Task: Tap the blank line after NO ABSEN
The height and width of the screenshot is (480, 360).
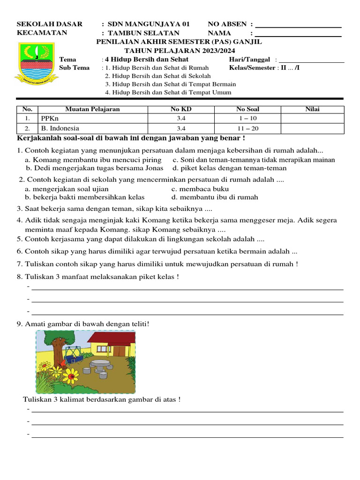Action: [x=298, y=26]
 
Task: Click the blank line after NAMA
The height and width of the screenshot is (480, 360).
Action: [x=298, y=35]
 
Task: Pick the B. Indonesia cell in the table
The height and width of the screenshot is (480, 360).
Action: [x=60, y=128]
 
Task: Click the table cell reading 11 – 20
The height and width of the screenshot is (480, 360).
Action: [x=247, y=128]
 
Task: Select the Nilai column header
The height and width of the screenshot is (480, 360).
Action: [x=312, y=109]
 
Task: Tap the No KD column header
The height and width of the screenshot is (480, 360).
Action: [x=181, y=109]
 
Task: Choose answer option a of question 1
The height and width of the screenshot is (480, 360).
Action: [x=93, y=160]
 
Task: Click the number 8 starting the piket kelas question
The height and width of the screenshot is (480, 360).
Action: [x=19, y=277]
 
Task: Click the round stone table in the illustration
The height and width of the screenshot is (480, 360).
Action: [x=100, y=363]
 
